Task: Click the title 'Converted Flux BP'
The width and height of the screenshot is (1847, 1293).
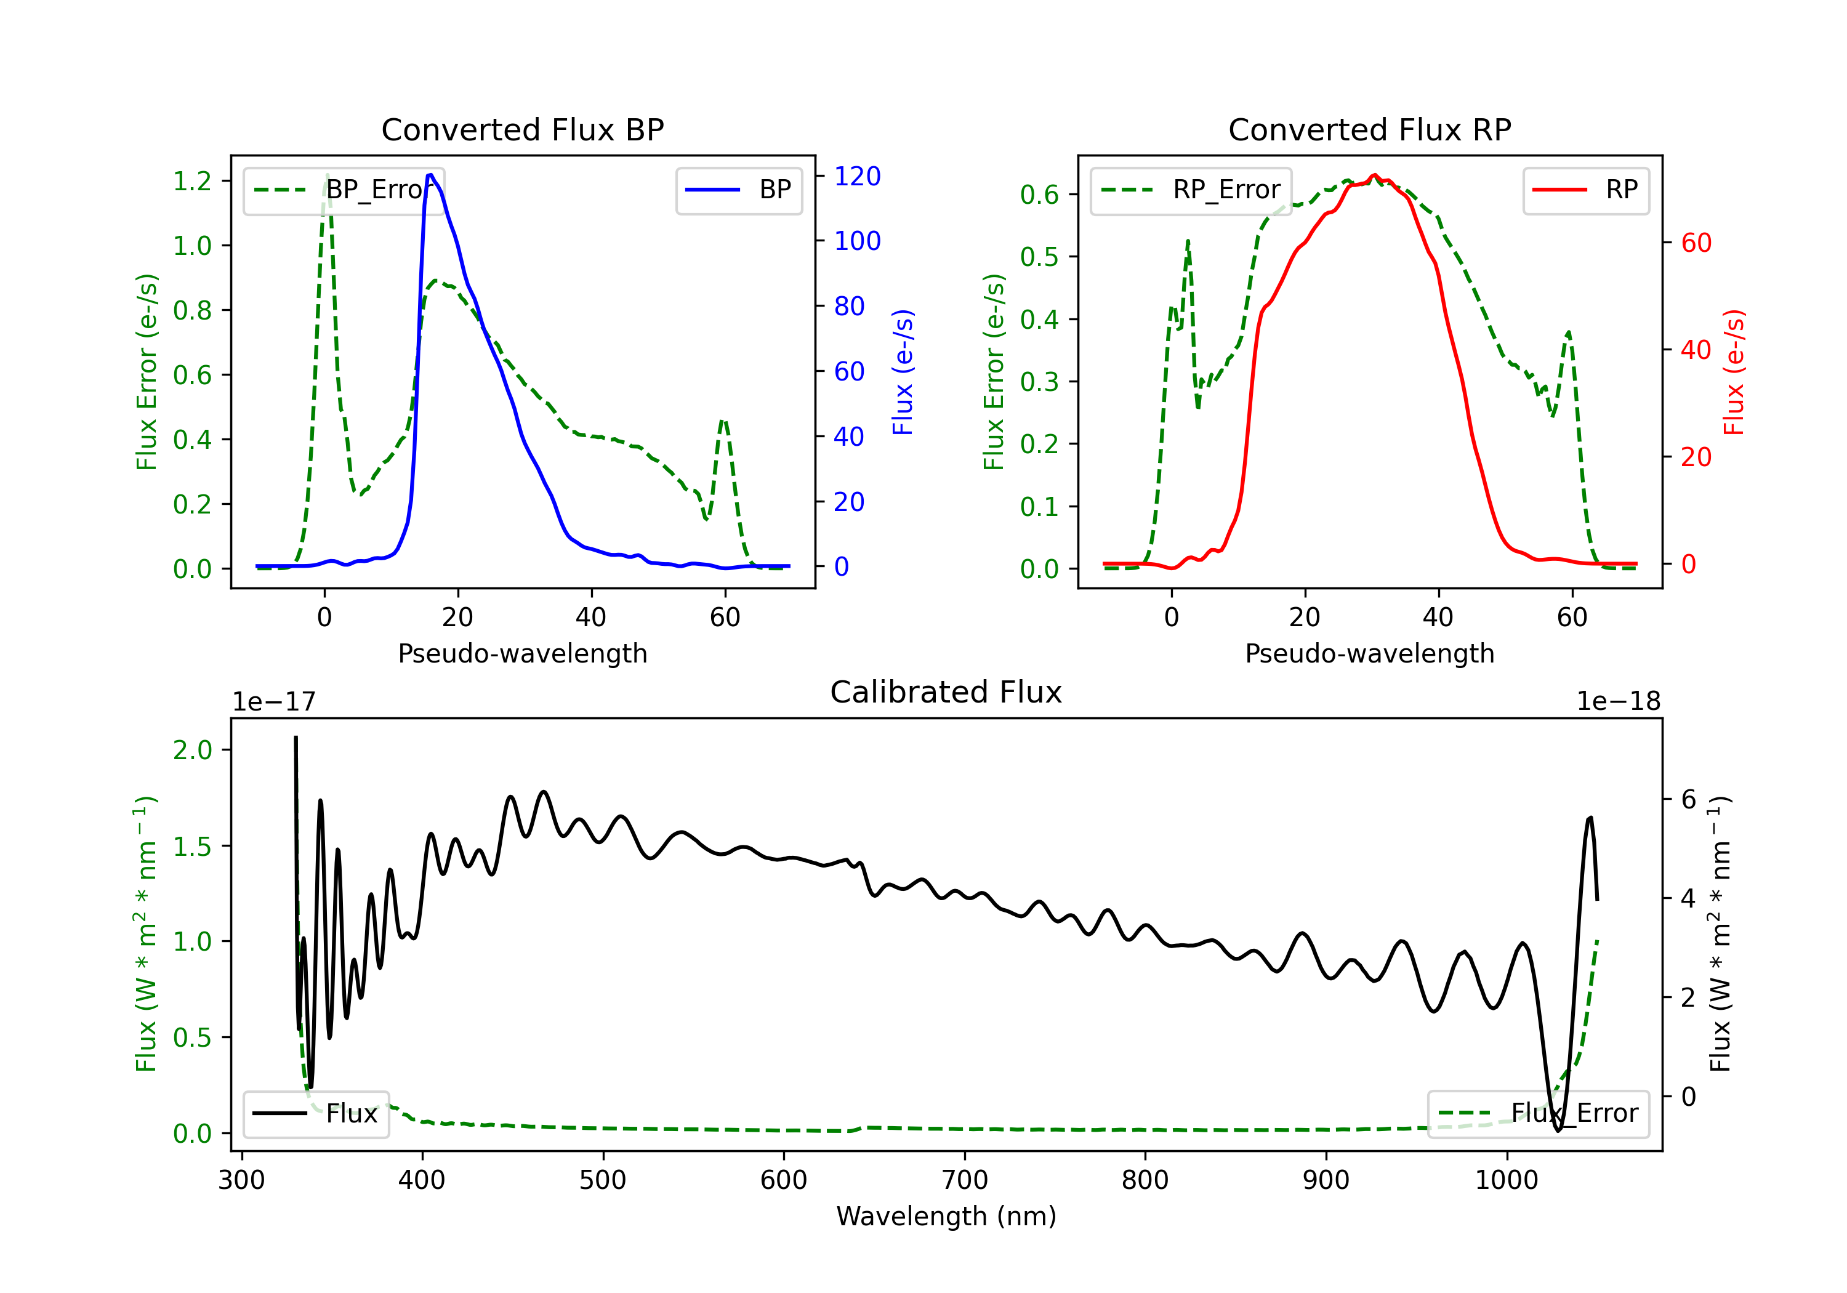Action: (x=522, y=129)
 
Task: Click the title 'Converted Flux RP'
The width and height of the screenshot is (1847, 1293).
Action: (x=1369, y=129)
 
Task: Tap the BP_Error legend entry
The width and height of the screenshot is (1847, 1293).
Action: (x=344, y=190)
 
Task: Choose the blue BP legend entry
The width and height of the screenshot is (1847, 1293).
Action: (x=738, y=190)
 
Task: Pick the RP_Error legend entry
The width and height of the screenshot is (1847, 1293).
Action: (x=1191, y=190)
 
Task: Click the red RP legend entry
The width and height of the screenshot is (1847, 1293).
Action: (x=1585, y=190)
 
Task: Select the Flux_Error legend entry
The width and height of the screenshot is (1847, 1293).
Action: (x=1538, y=1114)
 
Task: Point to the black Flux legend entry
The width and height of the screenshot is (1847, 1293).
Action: (x=315, y=1114)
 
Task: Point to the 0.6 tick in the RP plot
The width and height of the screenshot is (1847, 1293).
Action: (x=1039, y=194)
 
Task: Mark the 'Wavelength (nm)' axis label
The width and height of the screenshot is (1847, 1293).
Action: (x=946, y=1217)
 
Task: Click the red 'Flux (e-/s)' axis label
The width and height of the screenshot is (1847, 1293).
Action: (x=1734, y=372)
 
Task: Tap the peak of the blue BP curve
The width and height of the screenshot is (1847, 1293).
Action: (x=430, y=175)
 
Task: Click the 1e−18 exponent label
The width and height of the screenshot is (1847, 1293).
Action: (x=1618, y=702)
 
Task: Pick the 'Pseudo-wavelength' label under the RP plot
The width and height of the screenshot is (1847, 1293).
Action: (x=1369, y=653)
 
